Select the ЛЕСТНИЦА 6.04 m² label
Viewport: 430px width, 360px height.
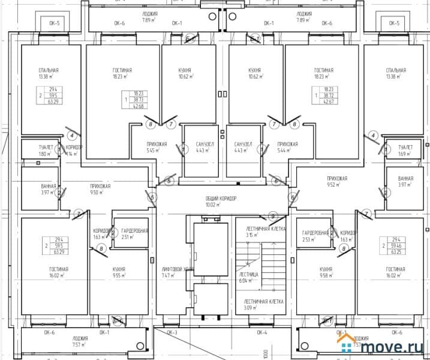click(248, 277)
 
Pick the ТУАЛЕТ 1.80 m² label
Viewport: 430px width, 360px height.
click(29, 151)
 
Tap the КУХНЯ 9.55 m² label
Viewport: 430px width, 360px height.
click(119, 273)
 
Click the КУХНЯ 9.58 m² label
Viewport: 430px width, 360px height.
click(326, 273)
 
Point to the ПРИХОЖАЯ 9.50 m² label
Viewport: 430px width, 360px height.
click(100, 190)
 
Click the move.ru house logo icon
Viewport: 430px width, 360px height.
click(347, 344)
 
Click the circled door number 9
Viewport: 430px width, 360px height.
click(272, 216)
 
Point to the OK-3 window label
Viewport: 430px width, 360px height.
click(172, 332)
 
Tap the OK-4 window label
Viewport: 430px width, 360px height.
click(262, 332)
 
